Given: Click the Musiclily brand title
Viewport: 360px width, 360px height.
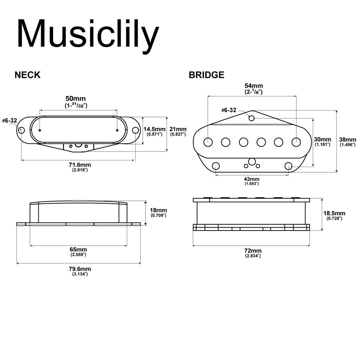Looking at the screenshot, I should [x=88, y=34].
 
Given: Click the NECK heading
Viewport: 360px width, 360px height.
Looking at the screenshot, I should [x=27, y=75].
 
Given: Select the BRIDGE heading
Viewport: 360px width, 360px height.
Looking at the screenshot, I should [x=206, y=75].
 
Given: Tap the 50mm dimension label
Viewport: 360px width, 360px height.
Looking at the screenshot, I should [x=76, y=99].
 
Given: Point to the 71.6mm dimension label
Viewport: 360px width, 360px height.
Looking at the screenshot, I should [x=80, y=165].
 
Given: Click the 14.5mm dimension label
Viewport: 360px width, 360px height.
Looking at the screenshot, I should [x=154, y=129].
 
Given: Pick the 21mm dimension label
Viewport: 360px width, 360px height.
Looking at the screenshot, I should [x=178, y=129].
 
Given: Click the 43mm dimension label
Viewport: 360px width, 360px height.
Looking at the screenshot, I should [x=252, y=179].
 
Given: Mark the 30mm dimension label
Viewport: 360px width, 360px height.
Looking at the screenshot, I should [x=322, y=140].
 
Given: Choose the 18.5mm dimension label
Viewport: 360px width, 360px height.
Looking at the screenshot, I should [x=334, y=213].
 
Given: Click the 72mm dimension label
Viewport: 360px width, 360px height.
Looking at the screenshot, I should [x=253, y=251].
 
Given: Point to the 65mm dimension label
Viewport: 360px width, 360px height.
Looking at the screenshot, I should [x=78, y=250].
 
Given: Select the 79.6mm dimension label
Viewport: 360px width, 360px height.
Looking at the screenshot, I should [x=80, y=269].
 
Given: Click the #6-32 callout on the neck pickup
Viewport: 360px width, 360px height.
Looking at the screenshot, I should [x=9, y=121].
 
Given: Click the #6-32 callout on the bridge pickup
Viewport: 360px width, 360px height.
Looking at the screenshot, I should [x=229, y=110].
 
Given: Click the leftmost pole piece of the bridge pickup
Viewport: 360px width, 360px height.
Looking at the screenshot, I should [x=208, y=142].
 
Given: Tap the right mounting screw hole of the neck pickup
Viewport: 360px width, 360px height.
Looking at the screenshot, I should [x=135, y=130].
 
